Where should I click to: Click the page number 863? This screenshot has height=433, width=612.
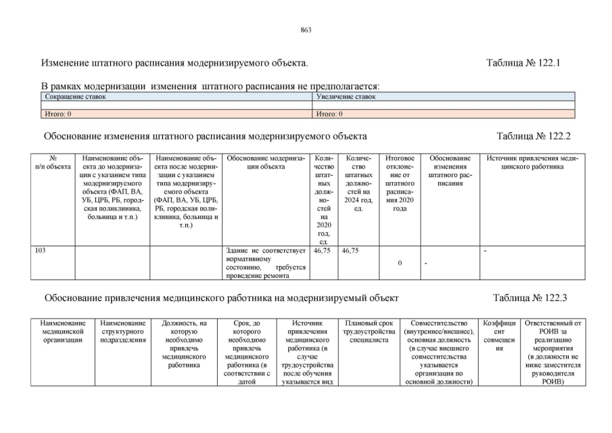pos(306,30)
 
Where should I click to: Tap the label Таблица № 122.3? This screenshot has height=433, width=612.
pos(529,298)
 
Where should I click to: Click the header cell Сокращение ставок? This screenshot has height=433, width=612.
pos(75,97)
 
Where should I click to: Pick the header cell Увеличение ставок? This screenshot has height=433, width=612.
pos(346,97)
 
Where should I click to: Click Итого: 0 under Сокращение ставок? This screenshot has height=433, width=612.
pos(58,114)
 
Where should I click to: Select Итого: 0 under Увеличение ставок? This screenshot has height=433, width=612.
pos(329,114)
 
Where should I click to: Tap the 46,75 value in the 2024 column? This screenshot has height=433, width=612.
pos(350,250)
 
